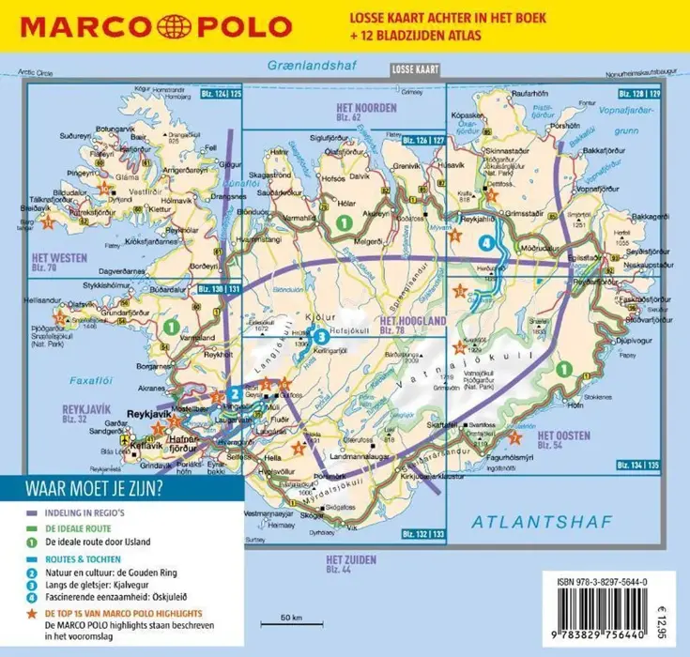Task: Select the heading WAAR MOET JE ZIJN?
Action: click(92, 488)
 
